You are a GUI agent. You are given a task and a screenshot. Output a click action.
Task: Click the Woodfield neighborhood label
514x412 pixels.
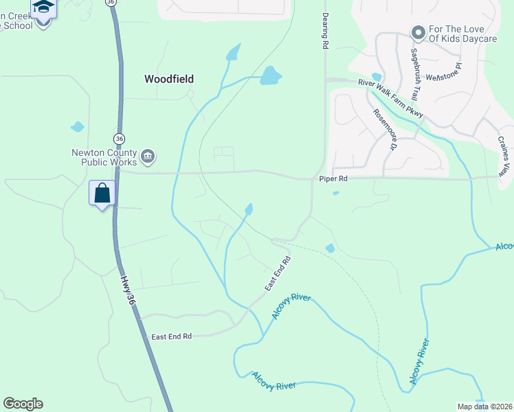pyautogui.click(x=168, y=79)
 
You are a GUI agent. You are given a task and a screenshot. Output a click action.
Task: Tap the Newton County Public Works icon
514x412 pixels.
pyautogui.click(x=148, y=158)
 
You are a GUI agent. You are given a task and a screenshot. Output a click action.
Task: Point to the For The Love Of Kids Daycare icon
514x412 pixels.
pyautogui.click(x=417, y=33)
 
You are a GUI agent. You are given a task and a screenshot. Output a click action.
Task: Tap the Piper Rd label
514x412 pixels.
pyautogui.click(x=334, y=179)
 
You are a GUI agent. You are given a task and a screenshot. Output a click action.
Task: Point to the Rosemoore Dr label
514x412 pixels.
pyautogui.click(x=385, y=130)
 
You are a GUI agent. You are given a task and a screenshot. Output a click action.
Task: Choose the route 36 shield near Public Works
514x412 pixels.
pyautogui.click(x=120, y=139)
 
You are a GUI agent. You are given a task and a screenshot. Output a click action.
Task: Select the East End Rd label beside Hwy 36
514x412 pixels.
pyautogui.click(x=171, y=336)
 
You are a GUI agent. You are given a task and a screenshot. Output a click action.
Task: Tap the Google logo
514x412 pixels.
pyautogui.click(x=23, y=404)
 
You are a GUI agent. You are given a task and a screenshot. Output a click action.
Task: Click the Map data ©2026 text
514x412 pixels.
pyautogui.click(x=484, y=407)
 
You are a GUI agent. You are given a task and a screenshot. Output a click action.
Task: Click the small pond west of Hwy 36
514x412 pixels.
pyautogui.click(x=77, y=127)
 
